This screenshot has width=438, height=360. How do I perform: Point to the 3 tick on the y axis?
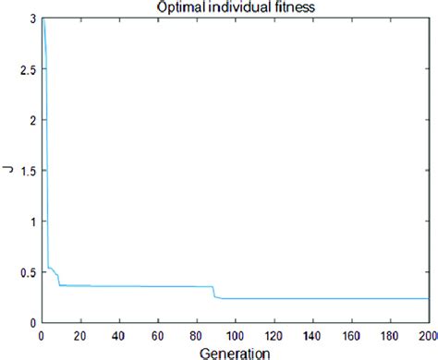(x=32, y=18)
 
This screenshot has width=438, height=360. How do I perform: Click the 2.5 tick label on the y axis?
(x=27, y=69)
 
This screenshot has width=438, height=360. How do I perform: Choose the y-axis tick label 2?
(x=32, y=120)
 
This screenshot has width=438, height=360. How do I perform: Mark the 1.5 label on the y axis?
(x=27, y=171)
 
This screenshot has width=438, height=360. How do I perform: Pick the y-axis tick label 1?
(x=32, y=222)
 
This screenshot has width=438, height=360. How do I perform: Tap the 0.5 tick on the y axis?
(x=27, y=272)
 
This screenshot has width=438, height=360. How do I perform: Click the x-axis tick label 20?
(x=80, y=333)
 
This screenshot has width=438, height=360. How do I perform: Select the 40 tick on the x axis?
(x=119, y=333)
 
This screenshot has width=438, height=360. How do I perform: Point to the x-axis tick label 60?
(x=158, y=333)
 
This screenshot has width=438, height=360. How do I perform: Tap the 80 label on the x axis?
(x=197, y=333)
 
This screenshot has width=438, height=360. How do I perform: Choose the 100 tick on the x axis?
(x=236, y=333)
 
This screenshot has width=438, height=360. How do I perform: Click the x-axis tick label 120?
(x=274, y=333)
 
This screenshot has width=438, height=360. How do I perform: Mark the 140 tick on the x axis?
(x=313, y=333)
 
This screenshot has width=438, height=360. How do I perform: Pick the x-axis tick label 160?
(x=352, y=333)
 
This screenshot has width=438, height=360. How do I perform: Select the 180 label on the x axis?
(x=391, y=333)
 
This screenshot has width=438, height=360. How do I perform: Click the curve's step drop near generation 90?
(x=213, y=292)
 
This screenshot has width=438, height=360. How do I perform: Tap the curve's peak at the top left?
(x=43, y=19)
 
